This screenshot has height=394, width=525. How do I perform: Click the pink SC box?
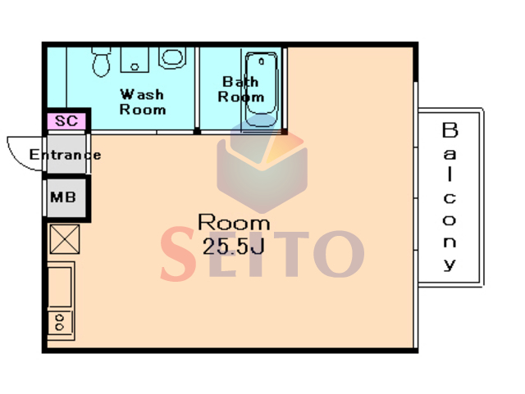tap(66, 121)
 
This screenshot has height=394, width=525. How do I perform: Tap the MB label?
tap(63, 197)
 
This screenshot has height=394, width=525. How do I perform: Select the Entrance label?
tap(65, 155)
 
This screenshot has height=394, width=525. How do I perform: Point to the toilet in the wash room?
tap(101, 61)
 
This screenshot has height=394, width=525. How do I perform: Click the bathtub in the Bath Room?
tap(262, 89)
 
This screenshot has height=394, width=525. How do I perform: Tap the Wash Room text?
tap(143, 102)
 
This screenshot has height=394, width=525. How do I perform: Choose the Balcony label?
tap(450, 197)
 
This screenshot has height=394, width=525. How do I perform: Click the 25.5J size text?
tap(234, 247)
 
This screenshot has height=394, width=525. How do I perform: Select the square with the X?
tap(65, 239)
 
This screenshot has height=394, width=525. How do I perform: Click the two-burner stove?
tap(60, 323)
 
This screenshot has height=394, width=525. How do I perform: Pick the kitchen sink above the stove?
tap(60, 287)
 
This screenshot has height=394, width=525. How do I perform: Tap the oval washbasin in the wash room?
tap(172, 57)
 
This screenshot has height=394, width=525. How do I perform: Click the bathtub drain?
tap(262, 61)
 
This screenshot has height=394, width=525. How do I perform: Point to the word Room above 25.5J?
tap(234, 222)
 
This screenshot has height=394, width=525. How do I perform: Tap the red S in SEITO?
tap(177, 254)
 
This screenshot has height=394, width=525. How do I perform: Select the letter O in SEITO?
tap(339, 254)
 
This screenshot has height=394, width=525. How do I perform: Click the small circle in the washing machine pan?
tap(135, 67)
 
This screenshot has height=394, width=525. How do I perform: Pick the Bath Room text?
tap(240, 89)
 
